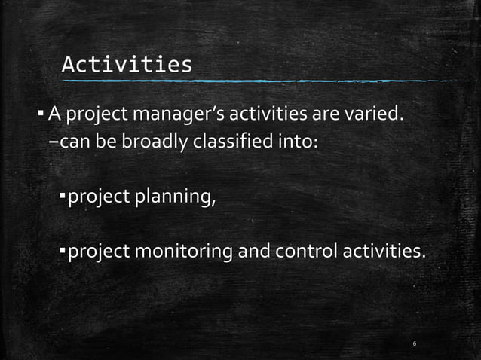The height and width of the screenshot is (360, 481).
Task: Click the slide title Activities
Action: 127,65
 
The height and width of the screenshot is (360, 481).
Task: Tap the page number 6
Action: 415,343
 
